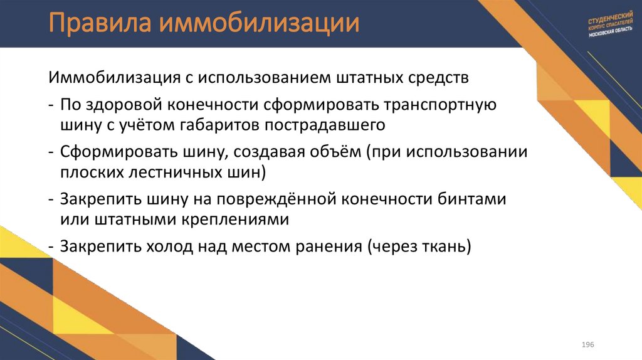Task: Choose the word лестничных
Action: click(x=173, y=172)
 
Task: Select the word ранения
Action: click(x=327, y=246)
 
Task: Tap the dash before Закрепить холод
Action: click(x=50, y=246)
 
